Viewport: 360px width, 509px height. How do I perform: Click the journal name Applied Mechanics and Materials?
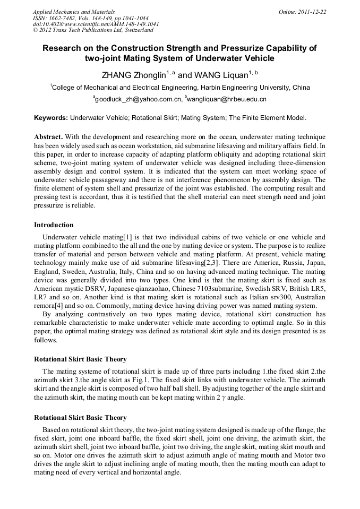point(73,11)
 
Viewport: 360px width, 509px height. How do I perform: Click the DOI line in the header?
point(96,24)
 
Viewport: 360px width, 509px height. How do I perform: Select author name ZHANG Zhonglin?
point(133,75)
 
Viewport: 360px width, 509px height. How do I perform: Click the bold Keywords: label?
point(51,118)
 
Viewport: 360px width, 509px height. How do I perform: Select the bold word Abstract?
point(49,137)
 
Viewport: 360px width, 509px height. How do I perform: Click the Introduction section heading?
point(54,225)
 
